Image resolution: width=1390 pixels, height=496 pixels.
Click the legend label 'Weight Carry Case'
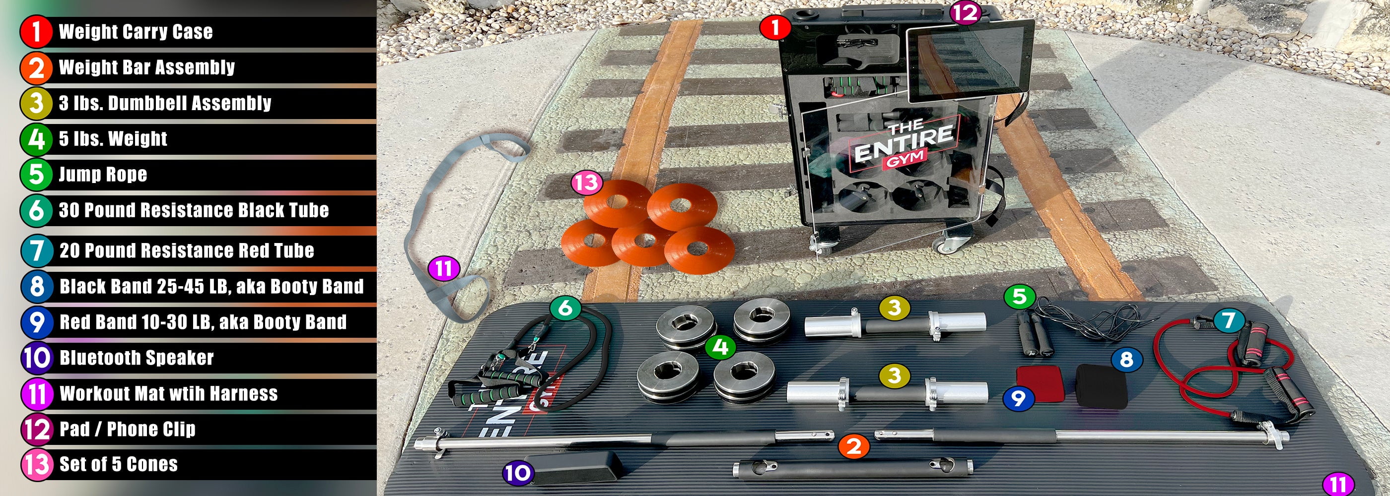136,32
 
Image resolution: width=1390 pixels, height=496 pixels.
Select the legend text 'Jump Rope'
103,174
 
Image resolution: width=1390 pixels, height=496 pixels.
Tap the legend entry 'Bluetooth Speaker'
137,358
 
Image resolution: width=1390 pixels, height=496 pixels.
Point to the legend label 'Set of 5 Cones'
118,464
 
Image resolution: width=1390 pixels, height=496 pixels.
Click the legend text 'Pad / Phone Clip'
128,429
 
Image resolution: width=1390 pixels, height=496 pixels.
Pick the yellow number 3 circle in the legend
36,103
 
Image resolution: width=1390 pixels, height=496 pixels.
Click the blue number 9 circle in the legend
37,322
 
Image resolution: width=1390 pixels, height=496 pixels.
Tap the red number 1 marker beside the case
775,27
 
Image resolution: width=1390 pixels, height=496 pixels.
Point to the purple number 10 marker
518,473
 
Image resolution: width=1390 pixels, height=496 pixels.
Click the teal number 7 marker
1229,320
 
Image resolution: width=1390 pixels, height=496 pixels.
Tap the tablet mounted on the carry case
970,61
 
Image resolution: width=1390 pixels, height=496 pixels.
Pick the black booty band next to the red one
1101,386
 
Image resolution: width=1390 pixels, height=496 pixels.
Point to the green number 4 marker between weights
720,347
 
